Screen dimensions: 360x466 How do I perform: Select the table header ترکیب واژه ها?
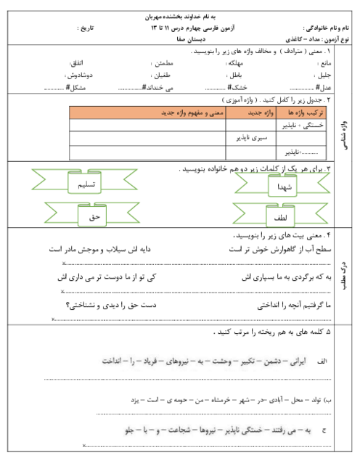tap(303, 113)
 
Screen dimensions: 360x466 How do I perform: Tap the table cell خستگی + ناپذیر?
tap(305, 125)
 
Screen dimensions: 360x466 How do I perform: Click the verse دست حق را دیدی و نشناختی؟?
tap(109, 305)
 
